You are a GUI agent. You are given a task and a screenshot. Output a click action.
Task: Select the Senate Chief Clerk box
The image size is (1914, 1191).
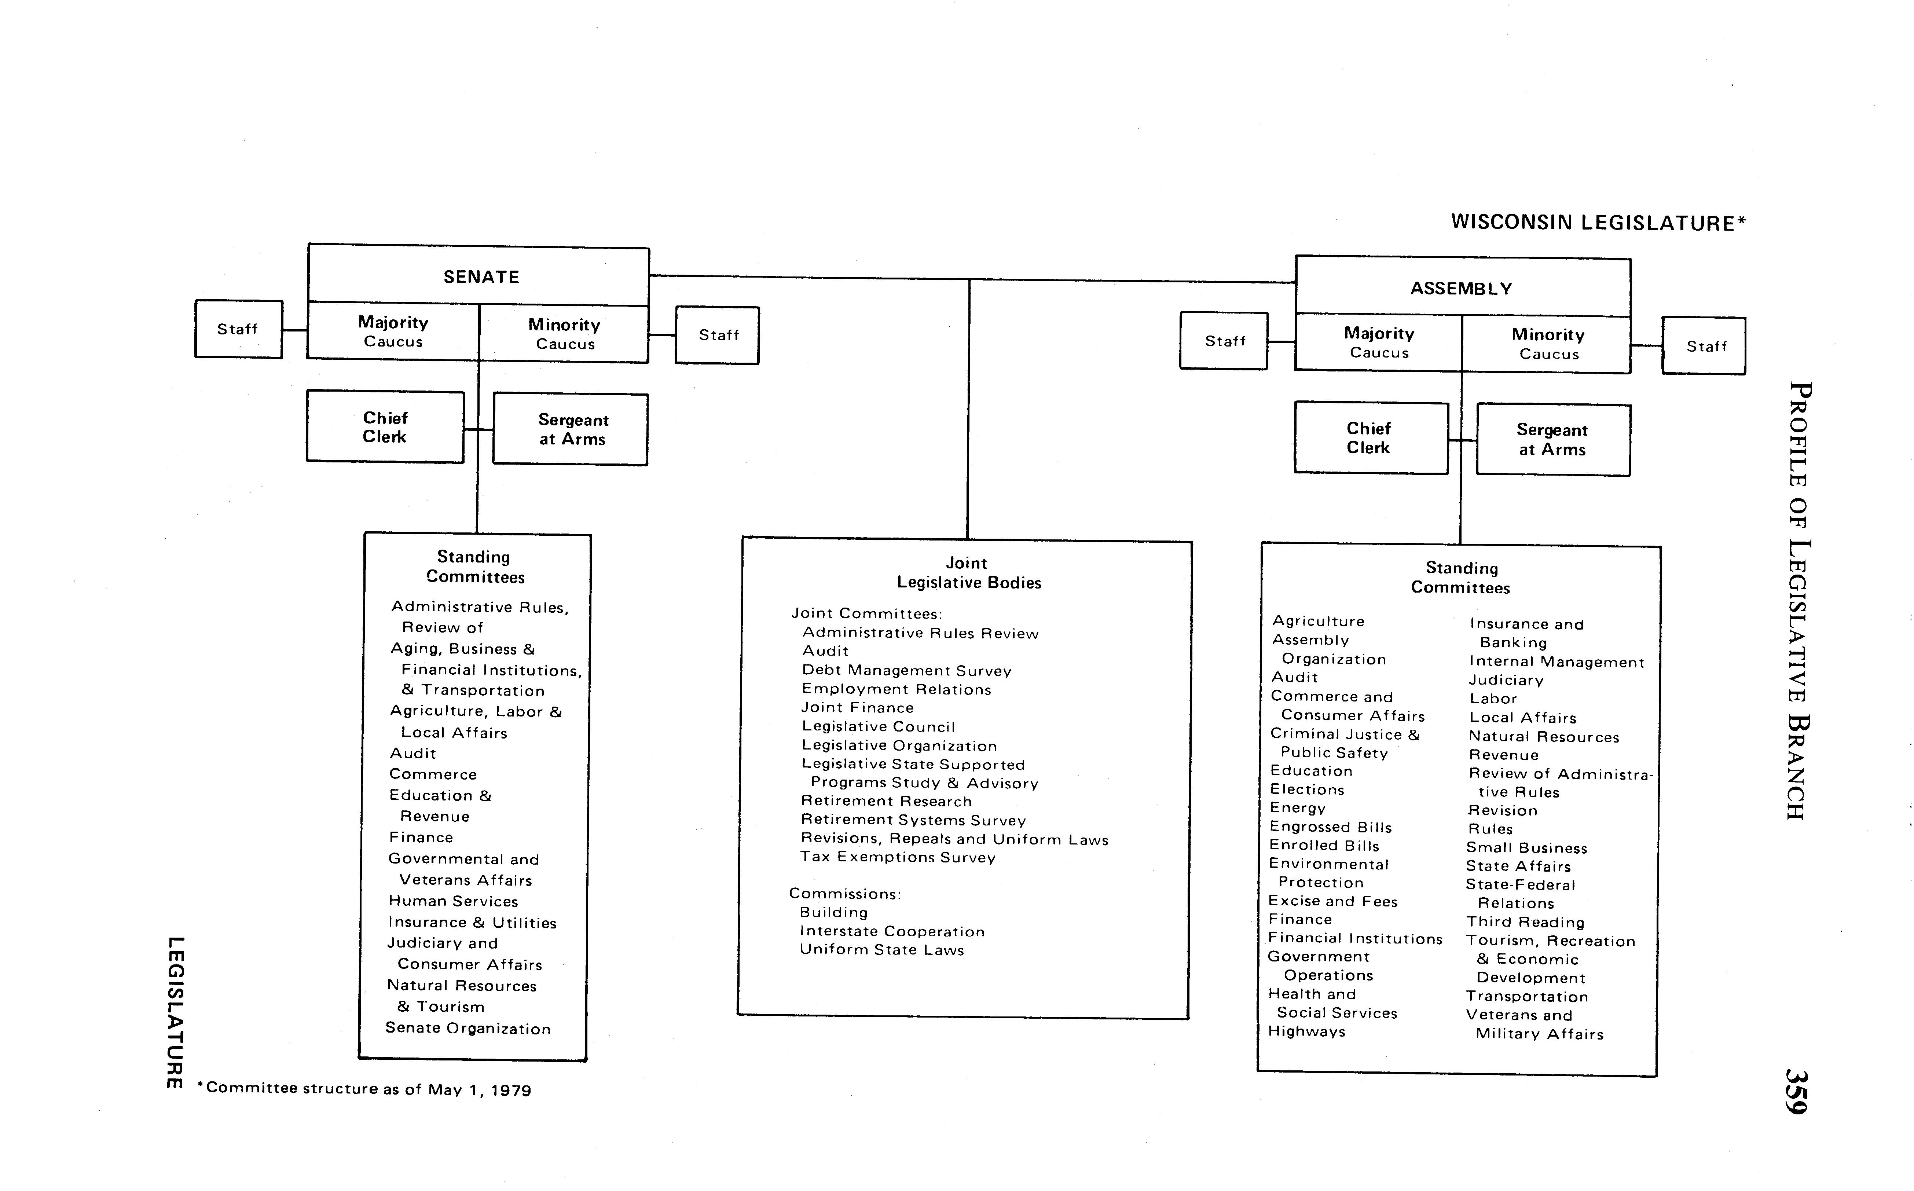click(385, 427)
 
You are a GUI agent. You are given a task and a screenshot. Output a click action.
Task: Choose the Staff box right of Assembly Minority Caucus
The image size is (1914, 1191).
click(1705, 346)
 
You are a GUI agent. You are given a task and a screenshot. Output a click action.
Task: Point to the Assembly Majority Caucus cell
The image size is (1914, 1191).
click(1378, 342)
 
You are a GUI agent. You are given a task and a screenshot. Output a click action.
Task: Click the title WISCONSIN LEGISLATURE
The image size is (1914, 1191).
click(1597, 223)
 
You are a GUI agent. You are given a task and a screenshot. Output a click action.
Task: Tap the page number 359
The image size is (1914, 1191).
click(1796, 1091)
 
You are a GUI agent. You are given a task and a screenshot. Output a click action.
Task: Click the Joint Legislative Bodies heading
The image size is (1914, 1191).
click(968, 573)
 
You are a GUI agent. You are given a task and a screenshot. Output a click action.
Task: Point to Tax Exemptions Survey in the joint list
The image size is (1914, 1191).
click(898, 857)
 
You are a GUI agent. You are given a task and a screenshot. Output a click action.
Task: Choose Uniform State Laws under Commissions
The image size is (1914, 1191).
click(881, 950)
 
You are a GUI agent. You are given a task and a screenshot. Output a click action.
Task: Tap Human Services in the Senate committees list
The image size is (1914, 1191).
click(453, 901)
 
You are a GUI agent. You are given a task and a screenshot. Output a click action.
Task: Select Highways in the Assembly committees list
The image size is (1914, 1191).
click(1307, 1031)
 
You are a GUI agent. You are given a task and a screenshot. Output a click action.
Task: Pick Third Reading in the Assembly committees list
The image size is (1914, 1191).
click(1525, 921)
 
